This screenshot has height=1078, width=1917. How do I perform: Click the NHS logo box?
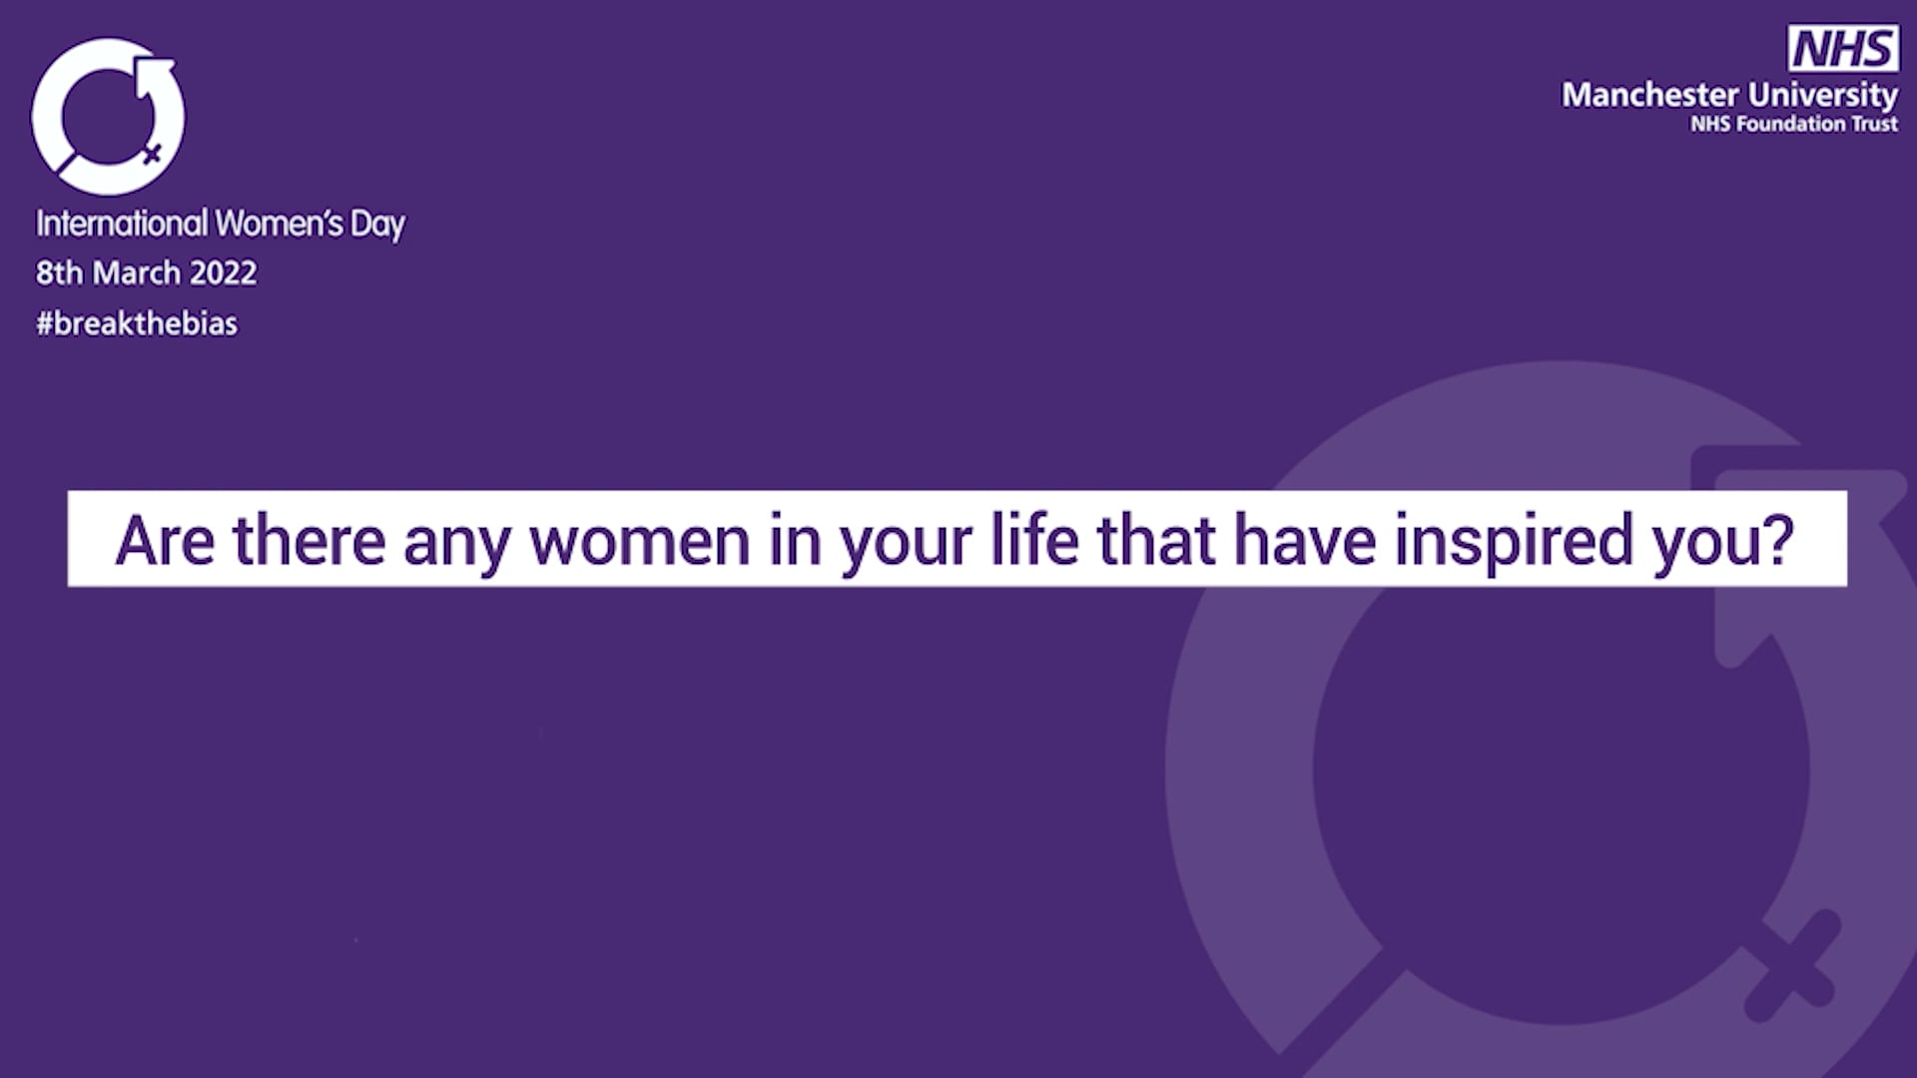pos(1843,48)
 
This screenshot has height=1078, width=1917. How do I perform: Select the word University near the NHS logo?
pos(1823,95)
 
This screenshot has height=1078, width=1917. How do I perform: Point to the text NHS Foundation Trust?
pos(1793,124)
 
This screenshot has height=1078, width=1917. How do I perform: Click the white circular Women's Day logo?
pos(108,117)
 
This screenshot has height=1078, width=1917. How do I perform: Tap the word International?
pos(122,223)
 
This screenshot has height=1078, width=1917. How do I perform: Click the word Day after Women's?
pos(377,225)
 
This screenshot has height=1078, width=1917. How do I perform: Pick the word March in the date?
pos(137,272)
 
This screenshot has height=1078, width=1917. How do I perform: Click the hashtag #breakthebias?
pos(137,323)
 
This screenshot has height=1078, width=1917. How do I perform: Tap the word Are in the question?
pos(165,540)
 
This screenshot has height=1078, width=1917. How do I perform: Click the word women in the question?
pos(639,540)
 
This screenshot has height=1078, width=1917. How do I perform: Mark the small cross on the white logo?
pos(152,154)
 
